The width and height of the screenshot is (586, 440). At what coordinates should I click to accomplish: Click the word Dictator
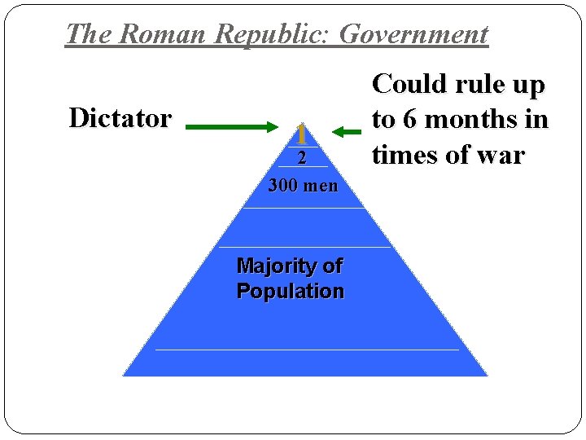click(x=120, y=118)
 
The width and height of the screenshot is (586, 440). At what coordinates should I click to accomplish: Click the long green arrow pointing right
click(x=232, y=127)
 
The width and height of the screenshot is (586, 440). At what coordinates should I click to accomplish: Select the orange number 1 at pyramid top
click(x=301, y=133)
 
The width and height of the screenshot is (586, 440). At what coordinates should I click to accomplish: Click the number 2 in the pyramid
click(x=301, y=159)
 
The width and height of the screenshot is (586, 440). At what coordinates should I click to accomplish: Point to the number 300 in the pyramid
click(x=283, y=186)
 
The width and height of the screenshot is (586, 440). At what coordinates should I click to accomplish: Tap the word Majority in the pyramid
click(x=273, y=266)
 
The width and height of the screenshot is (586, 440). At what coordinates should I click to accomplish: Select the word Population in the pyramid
click(x=290, y=291)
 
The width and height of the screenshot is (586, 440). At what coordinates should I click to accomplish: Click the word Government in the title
click(x=413, y=34)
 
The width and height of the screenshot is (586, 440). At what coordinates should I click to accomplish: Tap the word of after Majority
click(x=333, y=266)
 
